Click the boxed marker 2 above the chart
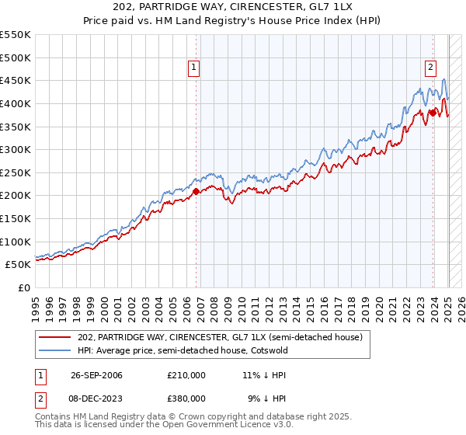[429, 68]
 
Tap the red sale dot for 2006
[196, 191]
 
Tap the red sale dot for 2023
[433, 113]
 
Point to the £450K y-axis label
[16, 80]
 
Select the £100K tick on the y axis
[16, 242]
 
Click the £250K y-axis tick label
[16, 172]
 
